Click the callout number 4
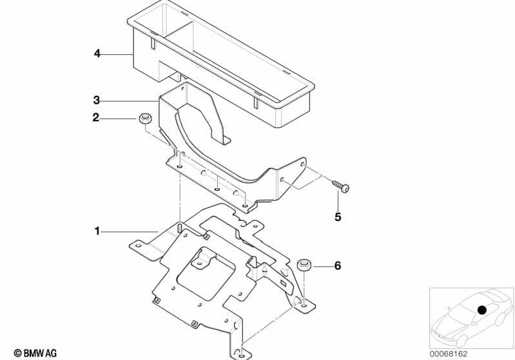pos(97,53)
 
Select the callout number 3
pos(96,100)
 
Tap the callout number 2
pos(95,117)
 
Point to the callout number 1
pos(97,231)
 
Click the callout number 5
pos(338,217)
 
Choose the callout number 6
pos(338,265)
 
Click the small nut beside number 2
pos(144,118)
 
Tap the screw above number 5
pos(340,186)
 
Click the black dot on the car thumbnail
pos(482,310)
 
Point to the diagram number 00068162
pos(449,354)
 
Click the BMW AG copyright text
pos(35,354)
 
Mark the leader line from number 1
pos(130,232)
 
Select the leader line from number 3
pos(130,100)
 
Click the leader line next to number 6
pos(321,266)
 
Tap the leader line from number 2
pos(119,118)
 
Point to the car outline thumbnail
pos(471,318)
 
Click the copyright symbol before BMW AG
pos(18,354)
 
